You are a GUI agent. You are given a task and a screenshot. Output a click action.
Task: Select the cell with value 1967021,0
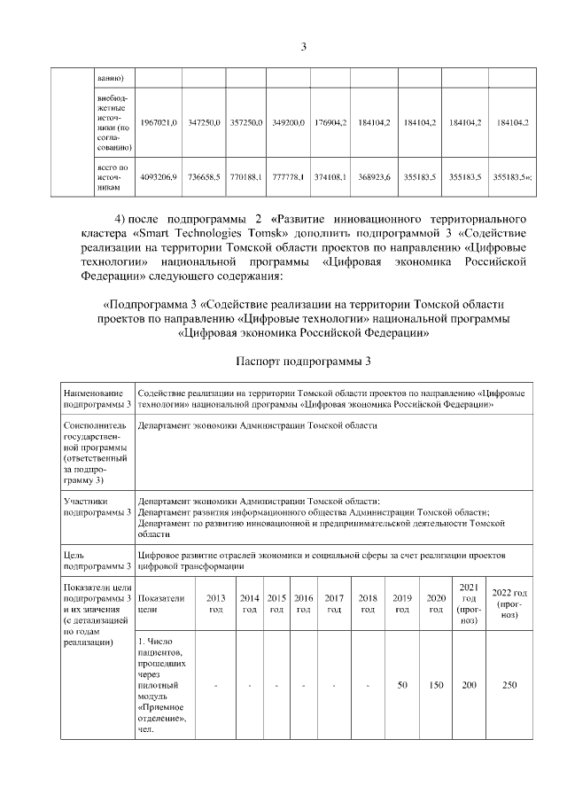coord(159,121)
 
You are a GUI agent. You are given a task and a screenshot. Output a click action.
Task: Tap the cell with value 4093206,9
coord(159,177)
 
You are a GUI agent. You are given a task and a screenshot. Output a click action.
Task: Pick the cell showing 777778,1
coord(288,177)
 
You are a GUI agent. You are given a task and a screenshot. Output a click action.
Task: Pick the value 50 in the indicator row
coord(402,685)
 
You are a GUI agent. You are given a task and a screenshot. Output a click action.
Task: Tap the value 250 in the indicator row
coord(509,685)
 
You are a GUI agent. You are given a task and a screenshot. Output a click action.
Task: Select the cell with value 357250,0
coord(245,121)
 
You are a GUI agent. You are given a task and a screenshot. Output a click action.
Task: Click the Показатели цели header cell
coord(160,603)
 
